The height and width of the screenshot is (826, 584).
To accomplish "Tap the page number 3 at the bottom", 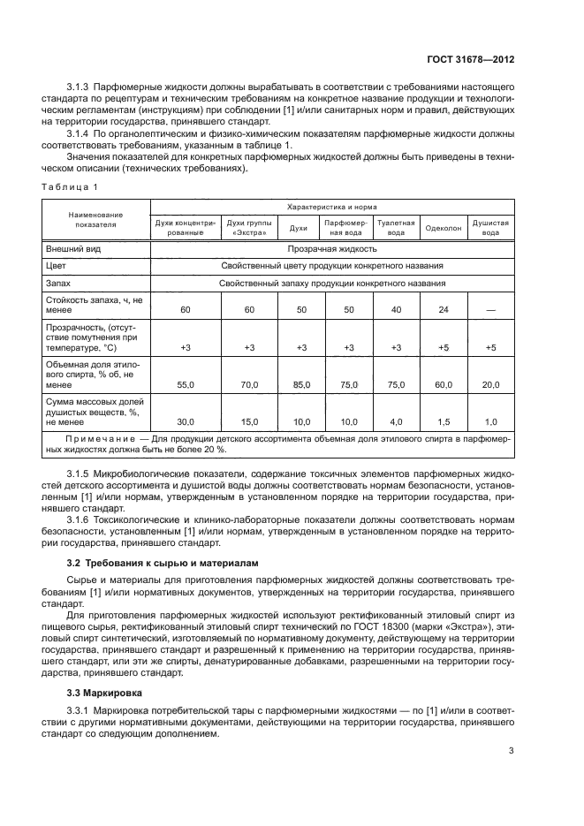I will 512,752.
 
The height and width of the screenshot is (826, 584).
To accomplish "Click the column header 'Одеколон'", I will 442,228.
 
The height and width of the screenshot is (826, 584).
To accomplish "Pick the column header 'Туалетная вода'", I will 396,228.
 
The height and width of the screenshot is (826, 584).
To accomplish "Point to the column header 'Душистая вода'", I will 490,228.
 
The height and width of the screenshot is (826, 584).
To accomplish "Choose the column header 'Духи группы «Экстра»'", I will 249,228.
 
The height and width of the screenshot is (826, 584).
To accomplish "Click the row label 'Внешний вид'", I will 72,249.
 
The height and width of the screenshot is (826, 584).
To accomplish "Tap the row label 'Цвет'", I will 56,266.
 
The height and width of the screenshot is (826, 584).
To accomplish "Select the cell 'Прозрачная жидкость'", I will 330,249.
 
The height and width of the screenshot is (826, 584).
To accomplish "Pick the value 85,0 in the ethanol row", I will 301,384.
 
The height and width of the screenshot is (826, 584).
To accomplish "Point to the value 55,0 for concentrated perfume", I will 186,384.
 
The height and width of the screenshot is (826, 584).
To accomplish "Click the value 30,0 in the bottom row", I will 186,421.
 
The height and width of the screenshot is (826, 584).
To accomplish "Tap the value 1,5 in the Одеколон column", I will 443,421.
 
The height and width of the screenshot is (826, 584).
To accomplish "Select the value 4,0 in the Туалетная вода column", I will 396,421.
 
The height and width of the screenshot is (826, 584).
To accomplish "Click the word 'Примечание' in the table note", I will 95,439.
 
